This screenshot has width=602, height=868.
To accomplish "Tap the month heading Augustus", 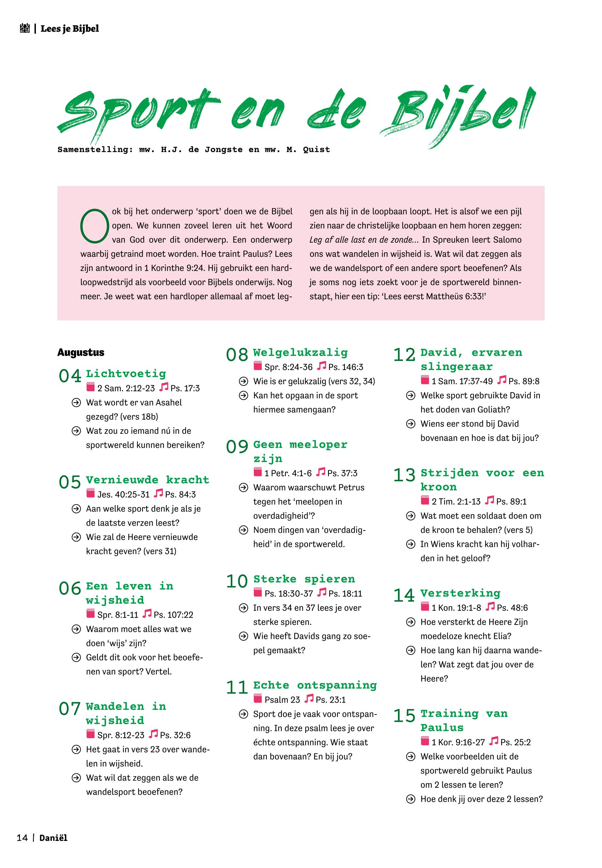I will point(81,352).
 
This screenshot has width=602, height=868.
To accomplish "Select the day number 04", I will point(70,376).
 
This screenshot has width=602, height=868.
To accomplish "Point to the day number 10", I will point(237,581).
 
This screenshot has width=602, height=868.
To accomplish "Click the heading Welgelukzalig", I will point(300,352).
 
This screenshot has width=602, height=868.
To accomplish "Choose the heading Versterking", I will point(460,593).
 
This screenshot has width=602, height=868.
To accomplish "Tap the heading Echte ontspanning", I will point(315,685).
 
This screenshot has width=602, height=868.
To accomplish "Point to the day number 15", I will point(404,716).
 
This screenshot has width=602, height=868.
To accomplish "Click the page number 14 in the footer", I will point(22,838).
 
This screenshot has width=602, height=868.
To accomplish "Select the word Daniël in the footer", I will point(53,838).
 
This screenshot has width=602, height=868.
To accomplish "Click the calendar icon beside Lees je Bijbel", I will point(24,28).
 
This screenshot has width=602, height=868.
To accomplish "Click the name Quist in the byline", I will point(316,150).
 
